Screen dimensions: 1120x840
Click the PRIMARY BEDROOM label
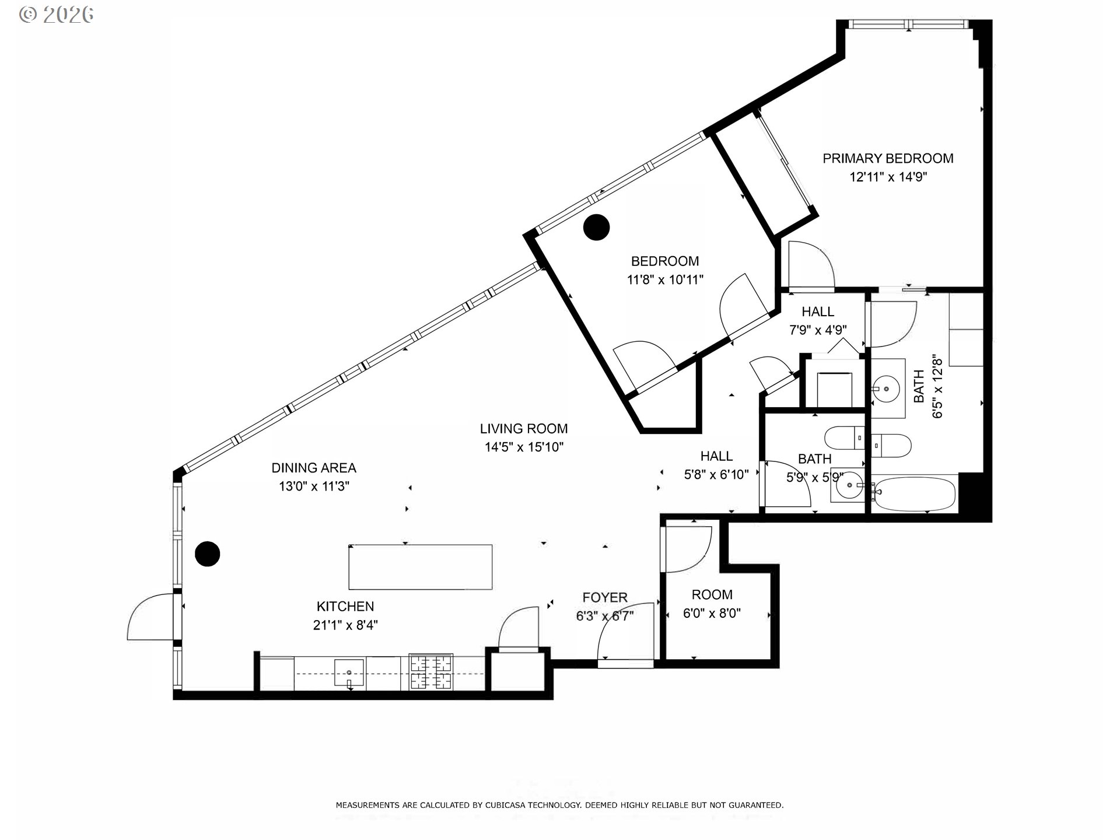click(888, 158)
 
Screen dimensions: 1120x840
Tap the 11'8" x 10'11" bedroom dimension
click(665, 280)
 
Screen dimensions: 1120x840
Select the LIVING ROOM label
click(524, 429)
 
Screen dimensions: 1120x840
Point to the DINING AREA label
click(314, 468)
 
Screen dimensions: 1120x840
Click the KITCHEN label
click(345, 607)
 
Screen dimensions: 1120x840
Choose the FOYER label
click(605, 597)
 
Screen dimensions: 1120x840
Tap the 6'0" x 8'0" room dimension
click(712, 614)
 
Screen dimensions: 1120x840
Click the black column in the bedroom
click(596, 228)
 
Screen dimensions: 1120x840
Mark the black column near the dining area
click(207, 554)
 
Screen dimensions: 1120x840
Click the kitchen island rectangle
click(421, 567)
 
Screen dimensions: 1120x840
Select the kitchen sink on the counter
click(349, 673)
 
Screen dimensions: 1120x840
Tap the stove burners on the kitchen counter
click(431, 672)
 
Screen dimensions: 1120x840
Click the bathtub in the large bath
click(914, 494)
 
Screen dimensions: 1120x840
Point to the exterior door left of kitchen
click(150, 617)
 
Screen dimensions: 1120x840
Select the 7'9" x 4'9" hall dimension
click(818, 330)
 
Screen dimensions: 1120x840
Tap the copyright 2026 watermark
click(57, 15)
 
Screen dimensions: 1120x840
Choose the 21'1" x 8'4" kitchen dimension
click(345, 625)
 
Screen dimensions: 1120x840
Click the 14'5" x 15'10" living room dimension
click(524, 447)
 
